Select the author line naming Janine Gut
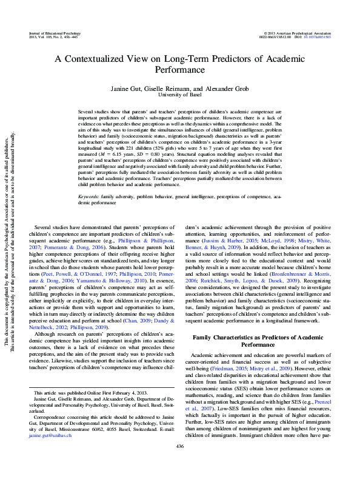point(179,88)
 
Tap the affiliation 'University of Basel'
point(179,95)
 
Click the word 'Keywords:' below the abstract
point(89,197)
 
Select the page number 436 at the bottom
point(179,464)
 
